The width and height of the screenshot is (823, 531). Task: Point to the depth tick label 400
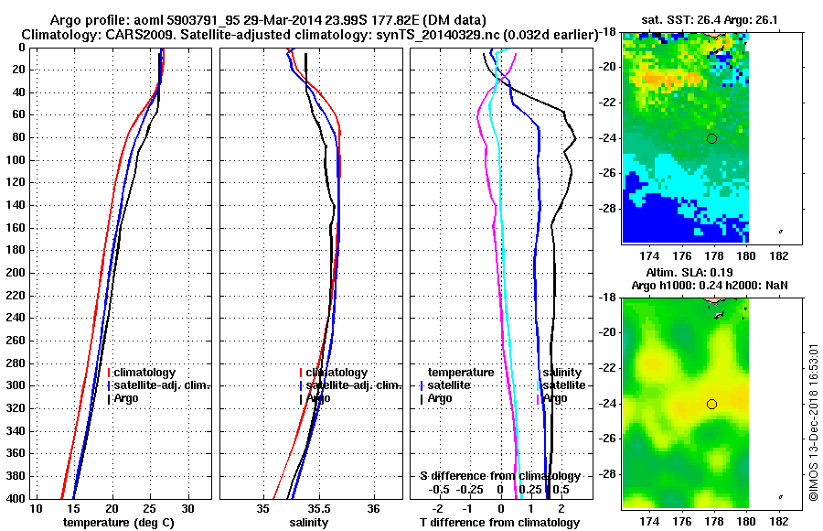16,498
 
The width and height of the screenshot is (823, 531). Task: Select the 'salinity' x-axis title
309,522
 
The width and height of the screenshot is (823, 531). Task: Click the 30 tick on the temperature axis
187,508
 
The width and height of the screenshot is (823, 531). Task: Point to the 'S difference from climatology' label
499,476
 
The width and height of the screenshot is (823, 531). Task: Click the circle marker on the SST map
711,138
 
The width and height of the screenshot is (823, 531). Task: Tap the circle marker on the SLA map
711,404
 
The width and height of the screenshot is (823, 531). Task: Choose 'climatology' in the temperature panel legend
144,373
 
